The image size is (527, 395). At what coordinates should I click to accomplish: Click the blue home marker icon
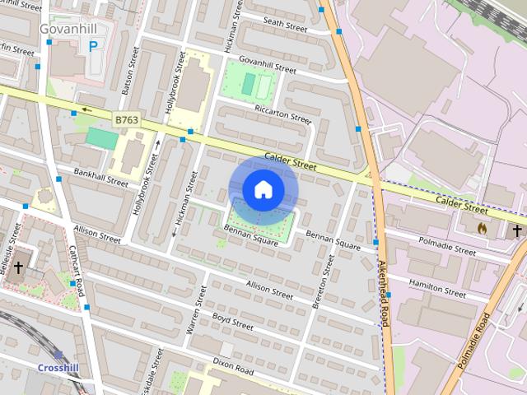263,190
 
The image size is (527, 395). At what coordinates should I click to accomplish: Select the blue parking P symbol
92,47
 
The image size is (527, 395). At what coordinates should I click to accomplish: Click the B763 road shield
126,120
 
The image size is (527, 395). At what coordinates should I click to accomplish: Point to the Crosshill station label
59,367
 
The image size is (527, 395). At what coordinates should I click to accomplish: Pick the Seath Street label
285,26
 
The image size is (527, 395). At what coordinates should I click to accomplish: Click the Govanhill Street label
267,65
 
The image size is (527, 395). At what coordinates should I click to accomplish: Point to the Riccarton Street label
282,114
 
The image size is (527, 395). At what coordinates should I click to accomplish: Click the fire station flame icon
483,228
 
